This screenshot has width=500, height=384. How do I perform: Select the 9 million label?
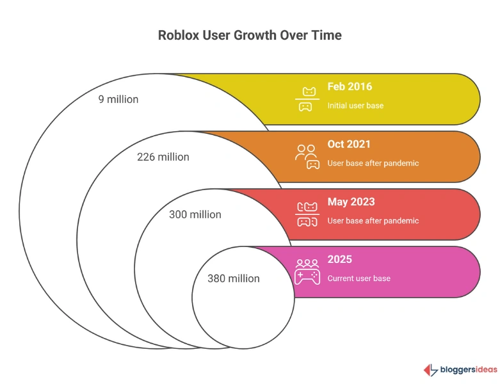click(118, 99)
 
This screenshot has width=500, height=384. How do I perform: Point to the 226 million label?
click(163, 157)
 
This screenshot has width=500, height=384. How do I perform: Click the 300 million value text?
click(195, 214)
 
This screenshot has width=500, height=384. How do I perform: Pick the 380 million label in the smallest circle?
click(233, 278)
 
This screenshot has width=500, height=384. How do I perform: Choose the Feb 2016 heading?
click(349, 87)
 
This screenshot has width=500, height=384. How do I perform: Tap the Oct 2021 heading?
click(348, 145)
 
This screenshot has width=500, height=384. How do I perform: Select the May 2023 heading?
click(351, 202)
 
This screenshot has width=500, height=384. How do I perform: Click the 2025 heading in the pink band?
click(339, 260)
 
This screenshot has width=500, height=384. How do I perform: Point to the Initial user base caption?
click(355, 106)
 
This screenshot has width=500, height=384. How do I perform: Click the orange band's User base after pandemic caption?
click(373, 163)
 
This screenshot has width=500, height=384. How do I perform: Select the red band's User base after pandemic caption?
click(373, 221)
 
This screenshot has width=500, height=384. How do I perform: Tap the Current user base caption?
click(359, 278)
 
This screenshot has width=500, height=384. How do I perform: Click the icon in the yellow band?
click(307, 99)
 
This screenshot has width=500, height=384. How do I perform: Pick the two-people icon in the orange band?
click(307, 157)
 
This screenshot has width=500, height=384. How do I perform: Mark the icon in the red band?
click(307, 214)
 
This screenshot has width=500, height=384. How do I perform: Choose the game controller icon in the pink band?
click(307, 272)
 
